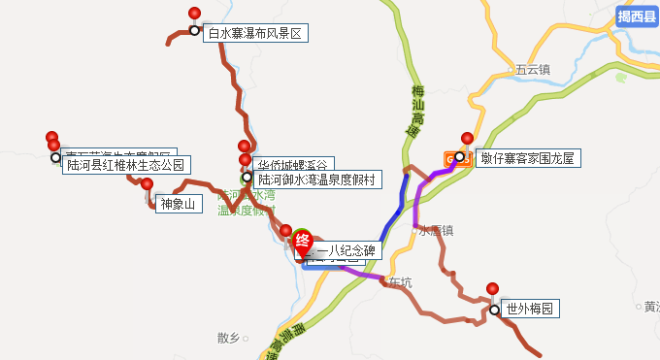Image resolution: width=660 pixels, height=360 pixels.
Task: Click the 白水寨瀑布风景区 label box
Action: [x=255, y=33]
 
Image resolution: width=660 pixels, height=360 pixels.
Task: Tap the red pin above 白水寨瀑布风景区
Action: [x=194, y=14]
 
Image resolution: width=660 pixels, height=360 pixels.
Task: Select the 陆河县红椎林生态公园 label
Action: [x=124, y=165]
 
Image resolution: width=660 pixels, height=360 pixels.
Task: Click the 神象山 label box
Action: [x=177, y=204]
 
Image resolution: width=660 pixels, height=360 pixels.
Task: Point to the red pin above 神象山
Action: [x=148, y=184]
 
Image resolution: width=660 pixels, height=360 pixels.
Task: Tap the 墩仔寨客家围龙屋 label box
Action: [x=528, y=157]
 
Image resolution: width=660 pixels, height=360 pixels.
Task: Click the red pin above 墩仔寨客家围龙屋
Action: [x=467, y=139]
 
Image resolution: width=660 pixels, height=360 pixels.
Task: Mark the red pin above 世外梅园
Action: [x=493, y=289]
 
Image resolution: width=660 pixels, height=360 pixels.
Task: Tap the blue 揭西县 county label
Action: [x=637, y=16]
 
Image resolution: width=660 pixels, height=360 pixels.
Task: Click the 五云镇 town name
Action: [x=533, y=70]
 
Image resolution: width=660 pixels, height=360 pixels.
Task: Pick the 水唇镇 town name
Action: [x=436, y=230]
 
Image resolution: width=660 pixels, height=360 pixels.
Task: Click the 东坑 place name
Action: [x=400, y=282]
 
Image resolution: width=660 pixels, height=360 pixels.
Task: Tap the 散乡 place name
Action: [x=228, y=338]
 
